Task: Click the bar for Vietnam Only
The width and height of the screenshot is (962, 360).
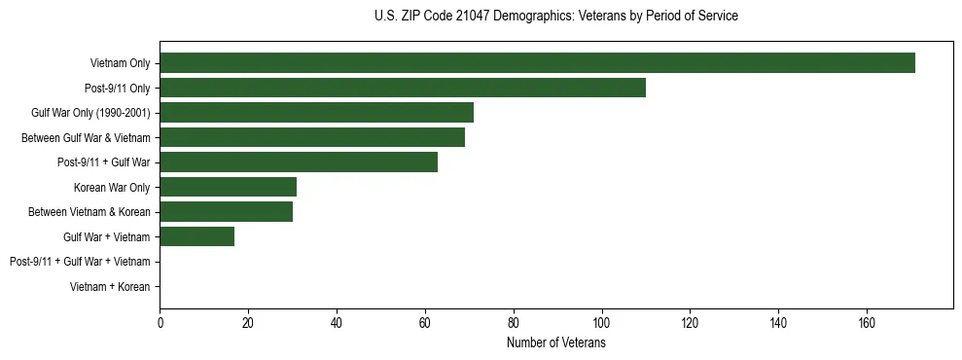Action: pos(537,63)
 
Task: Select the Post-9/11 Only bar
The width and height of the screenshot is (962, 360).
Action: pos(403,89)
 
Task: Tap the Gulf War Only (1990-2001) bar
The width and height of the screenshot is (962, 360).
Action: pos(316,113)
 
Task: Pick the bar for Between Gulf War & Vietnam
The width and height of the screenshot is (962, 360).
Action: pos(312,138)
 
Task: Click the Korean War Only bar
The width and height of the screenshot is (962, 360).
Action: pos(228,188)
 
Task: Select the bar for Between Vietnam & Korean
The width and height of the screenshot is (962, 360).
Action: pos(226,212)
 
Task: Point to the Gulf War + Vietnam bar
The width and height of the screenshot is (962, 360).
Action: pos(196,236)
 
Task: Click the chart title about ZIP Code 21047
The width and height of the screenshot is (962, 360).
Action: pos(555,17)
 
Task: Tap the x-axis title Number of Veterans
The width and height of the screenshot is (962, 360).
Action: pos(555,343)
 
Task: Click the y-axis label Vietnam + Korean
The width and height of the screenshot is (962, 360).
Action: pos(110,287)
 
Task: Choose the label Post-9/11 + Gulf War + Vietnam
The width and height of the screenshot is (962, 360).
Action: pos(80,262)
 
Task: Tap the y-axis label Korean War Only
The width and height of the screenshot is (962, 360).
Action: pos(112,188)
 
